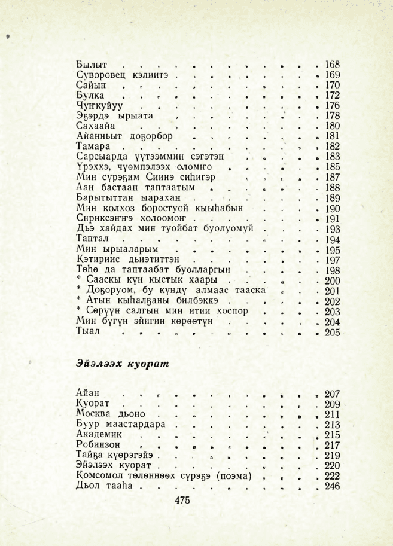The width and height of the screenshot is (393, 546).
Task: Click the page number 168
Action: [x=331, y=64]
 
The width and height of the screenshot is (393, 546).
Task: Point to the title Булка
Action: [x=91, y=95]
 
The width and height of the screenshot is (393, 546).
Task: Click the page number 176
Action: [x=331, y=105]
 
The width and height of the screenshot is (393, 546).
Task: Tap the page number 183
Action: [x=331, y=157]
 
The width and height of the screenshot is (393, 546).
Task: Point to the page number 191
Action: [x=331, y=218]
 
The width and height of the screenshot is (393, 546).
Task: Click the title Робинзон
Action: [x=99, y=445]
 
